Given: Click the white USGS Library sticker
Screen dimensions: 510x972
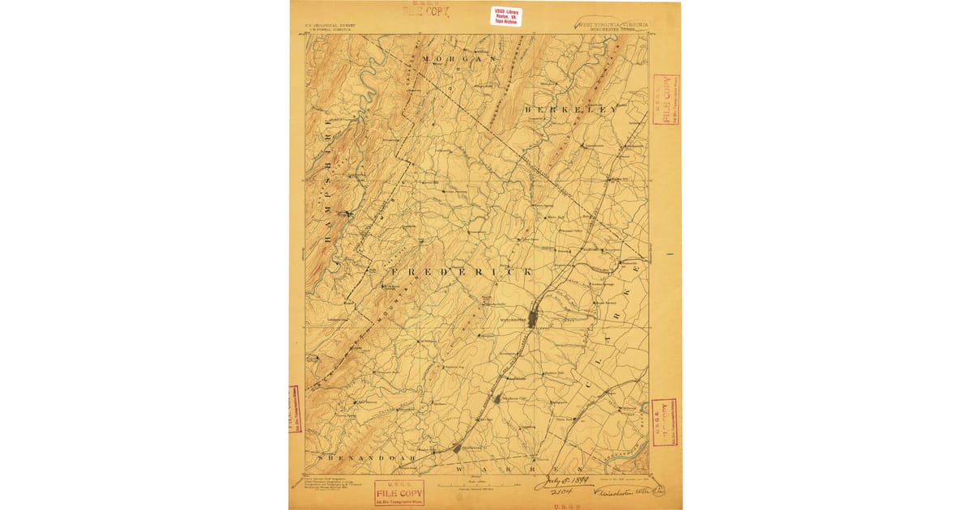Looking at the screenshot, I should (506, 15).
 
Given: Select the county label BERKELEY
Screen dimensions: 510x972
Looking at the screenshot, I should (570, 108).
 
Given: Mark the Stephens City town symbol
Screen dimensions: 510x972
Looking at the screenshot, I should (497, 398).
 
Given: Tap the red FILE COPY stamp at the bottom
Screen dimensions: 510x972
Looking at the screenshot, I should (399, 491).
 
